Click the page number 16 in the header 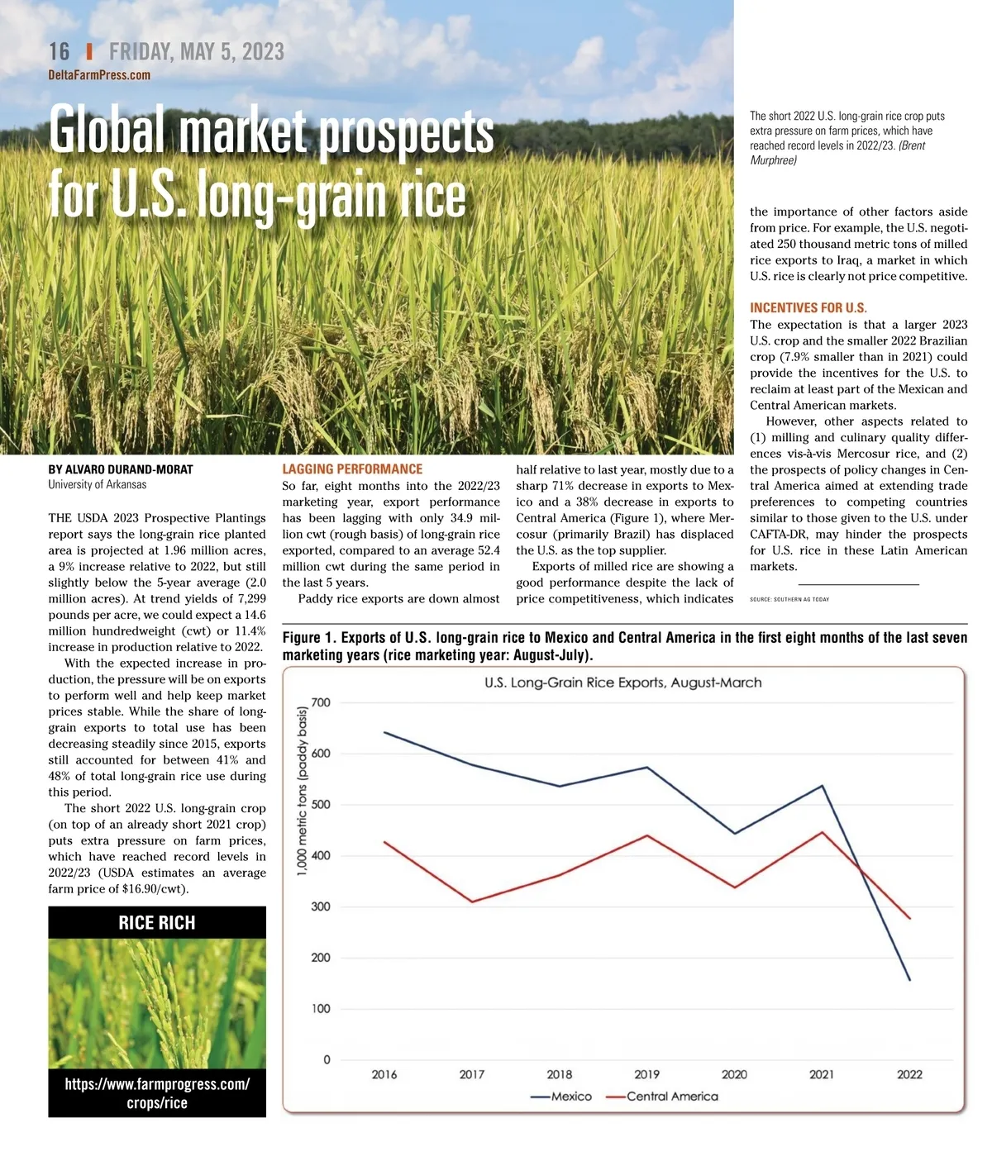pos(60,52)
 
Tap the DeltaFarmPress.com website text pos(99,75)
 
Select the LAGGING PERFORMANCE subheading pos(352,469)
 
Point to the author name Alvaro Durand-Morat pos(121,469)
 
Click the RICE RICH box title pos(157,923)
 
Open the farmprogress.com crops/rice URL pos(157,1092)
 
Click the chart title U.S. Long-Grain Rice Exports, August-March pos(622,683)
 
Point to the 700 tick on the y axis pos(321,703)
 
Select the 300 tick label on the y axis pos(321,907)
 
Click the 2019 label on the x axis pos(646,1074)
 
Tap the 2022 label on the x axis pos(909,1074)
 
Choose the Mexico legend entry pos(561,1097)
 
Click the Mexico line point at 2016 pos(384,732)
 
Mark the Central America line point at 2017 pos(472,902)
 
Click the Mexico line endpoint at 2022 pos(909,980)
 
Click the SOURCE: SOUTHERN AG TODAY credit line pos(789,599)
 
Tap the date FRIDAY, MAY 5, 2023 pos(197,52)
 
